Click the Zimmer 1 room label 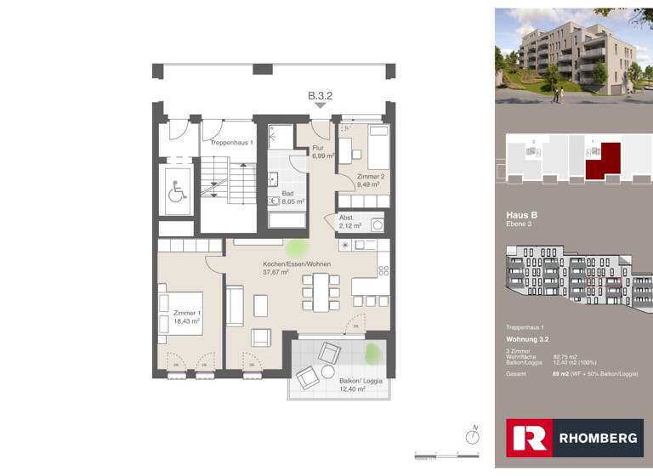187,313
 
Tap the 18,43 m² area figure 187,322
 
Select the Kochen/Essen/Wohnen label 296,263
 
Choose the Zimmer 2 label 371,176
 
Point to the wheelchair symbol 177,193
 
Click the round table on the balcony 327,372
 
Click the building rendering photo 574,55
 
